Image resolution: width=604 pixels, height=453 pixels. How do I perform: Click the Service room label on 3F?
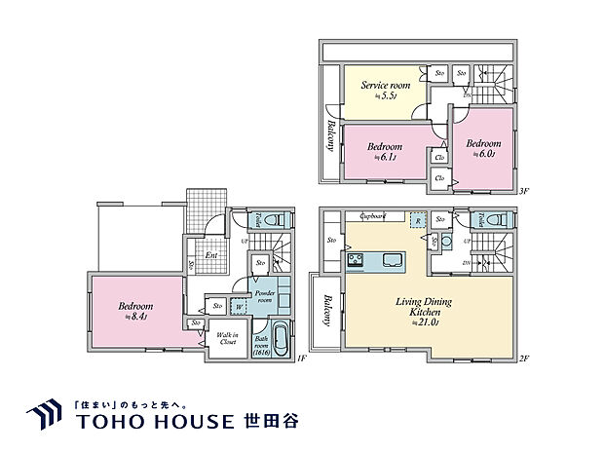386,86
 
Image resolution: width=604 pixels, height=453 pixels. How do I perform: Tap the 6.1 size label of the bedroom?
381,156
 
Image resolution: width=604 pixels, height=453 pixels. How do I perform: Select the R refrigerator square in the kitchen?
417,221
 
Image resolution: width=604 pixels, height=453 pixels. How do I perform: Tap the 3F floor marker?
523,192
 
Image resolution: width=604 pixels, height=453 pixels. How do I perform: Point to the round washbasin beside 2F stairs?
444,239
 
